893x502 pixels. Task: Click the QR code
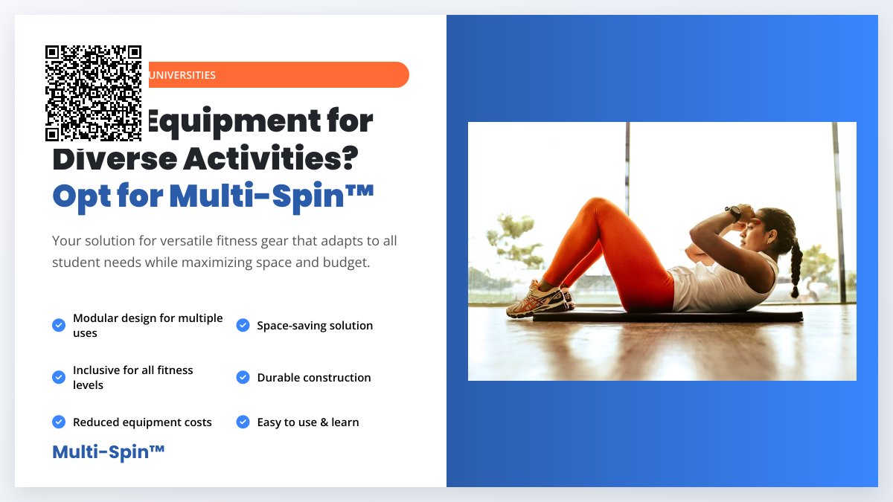93,93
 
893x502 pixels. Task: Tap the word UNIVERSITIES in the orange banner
182,75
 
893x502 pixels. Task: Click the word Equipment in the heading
257,121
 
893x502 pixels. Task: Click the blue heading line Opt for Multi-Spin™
213,196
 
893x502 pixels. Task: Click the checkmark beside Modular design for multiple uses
59,325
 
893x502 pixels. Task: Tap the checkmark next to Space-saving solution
243,325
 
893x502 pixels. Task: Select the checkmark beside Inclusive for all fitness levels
59,377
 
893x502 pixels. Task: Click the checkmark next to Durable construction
243,377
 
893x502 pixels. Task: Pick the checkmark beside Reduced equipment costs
59,422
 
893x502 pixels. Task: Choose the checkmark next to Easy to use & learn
243,422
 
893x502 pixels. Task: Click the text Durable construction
314,378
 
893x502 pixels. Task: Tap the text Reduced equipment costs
142,422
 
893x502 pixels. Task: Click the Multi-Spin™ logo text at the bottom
109,451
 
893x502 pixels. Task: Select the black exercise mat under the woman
670,317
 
